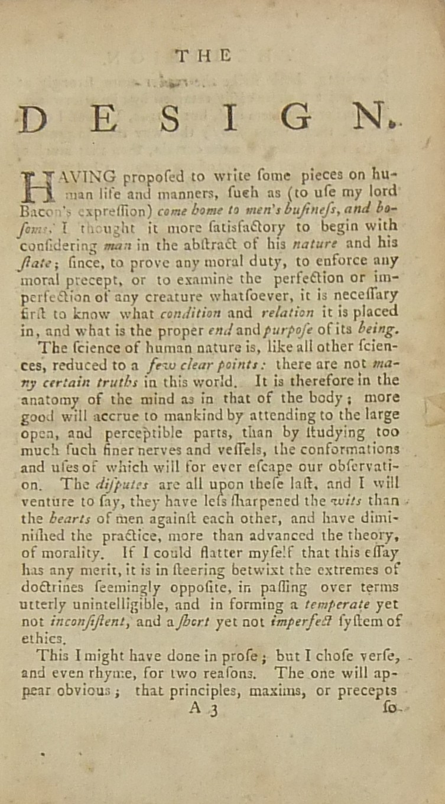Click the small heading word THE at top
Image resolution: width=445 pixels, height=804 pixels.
coord(203,56)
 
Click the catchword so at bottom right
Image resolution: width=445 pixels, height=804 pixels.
coord(391,707)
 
